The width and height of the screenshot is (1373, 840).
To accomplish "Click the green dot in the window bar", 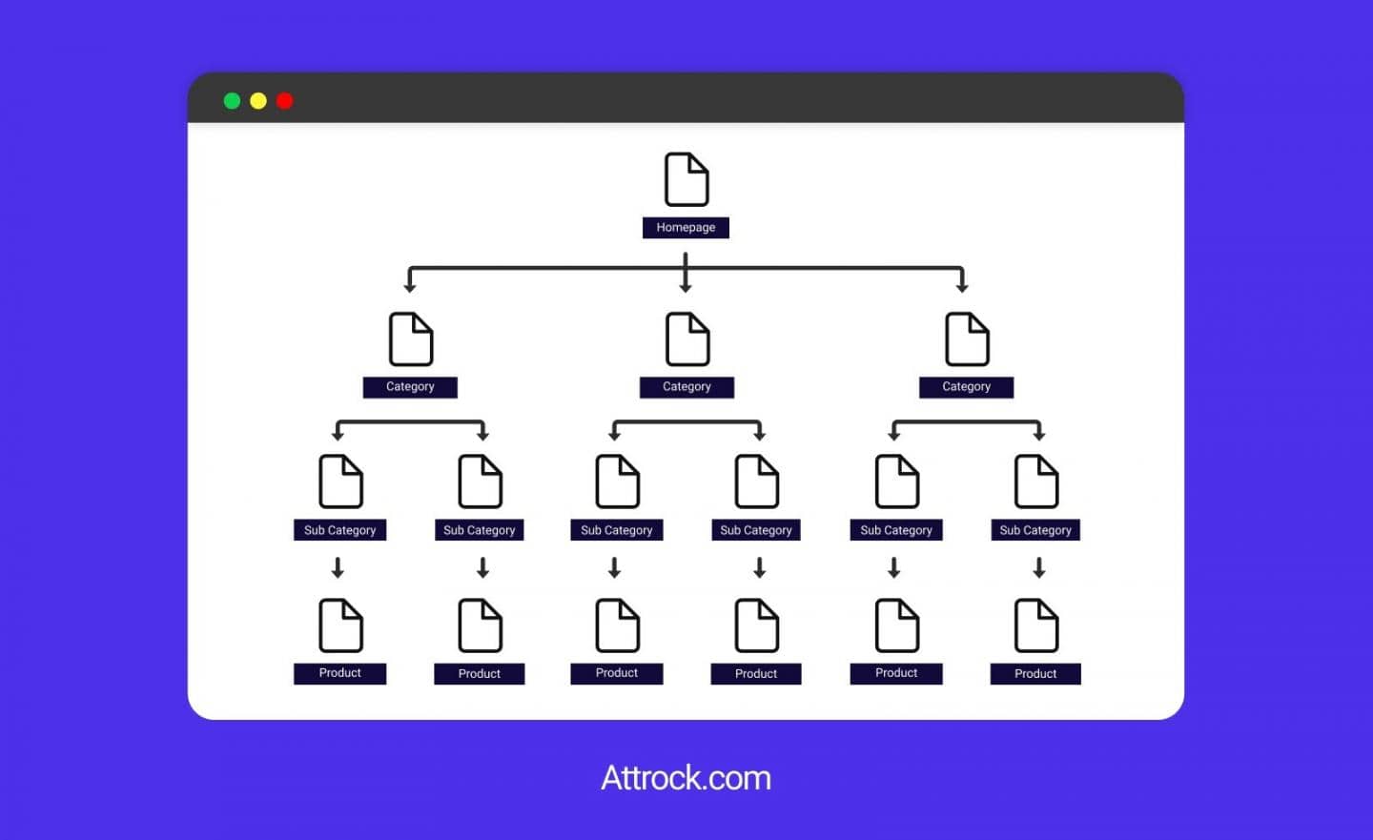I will (232, 101).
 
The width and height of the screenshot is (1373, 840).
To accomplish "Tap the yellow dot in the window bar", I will (257, 101).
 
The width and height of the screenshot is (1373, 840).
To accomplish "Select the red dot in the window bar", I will (284, 101).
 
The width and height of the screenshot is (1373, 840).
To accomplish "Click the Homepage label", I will (686, 228).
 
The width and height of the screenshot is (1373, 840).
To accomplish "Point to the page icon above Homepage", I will (686, 179).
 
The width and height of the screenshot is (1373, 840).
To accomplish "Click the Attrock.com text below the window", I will (686, 778).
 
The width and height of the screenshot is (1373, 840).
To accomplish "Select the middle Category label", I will (686, 387).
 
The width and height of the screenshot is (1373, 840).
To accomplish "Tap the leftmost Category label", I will (410, 387).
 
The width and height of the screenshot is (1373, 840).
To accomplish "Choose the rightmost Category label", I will (966, 387).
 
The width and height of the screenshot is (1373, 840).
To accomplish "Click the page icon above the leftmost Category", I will (411, 339).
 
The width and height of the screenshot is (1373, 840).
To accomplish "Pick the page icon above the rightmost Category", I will (967, 339).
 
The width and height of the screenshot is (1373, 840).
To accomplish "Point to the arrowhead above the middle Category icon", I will (686, 286).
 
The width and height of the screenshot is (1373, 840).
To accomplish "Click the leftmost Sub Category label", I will (339, 530).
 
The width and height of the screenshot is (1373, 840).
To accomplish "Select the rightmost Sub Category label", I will (1035, 530).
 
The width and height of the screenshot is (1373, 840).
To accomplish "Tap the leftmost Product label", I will (339, 673).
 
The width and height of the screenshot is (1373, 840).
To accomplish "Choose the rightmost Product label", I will (1035, 674).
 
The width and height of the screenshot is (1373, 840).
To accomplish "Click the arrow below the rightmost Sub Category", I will (1039, 568).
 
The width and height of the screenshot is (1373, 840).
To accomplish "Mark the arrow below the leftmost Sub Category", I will (338, 568).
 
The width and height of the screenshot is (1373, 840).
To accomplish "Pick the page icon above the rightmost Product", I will (1036, 625).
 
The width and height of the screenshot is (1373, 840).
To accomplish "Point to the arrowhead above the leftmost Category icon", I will (410, 286).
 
